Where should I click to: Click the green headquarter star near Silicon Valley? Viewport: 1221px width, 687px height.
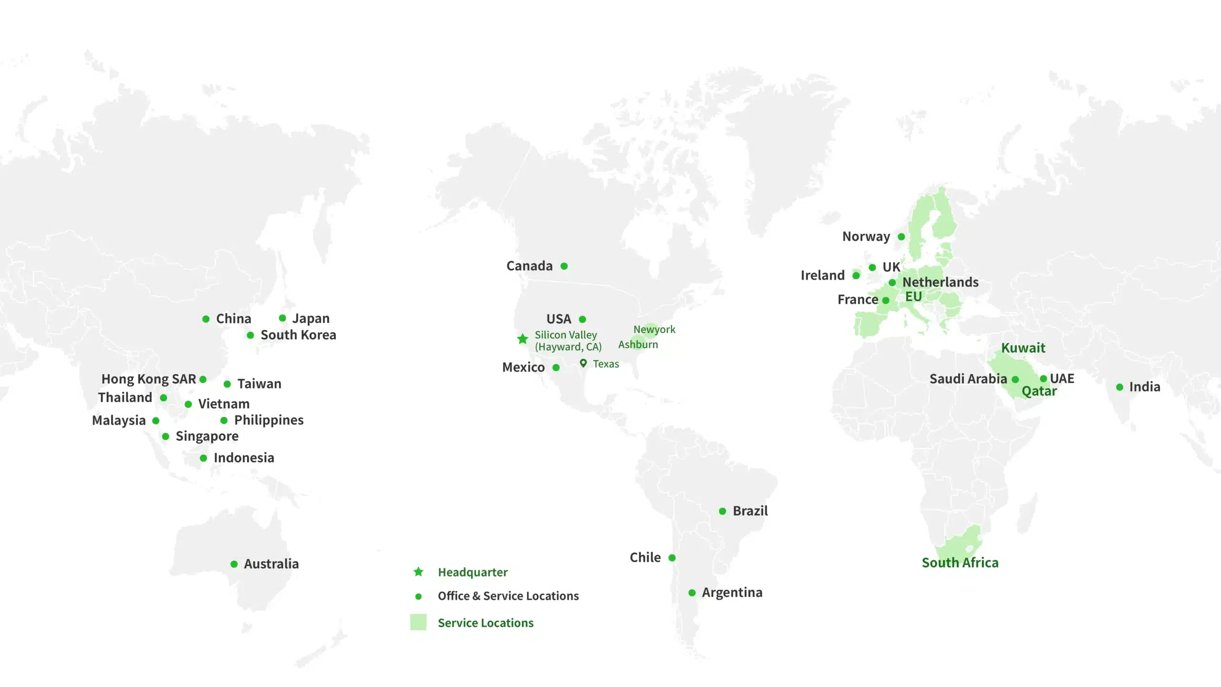pos(523,339)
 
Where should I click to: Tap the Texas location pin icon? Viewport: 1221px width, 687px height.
pos(583,363)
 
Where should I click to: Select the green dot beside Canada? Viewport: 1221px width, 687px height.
pos(564,266)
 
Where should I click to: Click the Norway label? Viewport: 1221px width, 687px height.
pos(866,237)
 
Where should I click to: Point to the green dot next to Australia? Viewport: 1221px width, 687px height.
pos(234,564)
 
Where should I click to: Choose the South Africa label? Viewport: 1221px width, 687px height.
pos(960,563)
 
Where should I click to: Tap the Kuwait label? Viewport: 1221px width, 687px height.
pos(1023,348)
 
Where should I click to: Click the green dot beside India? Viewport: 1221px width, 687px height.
pos(1120,387)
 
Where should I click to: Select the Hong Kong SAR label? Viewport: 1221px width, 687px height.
pos(148,379)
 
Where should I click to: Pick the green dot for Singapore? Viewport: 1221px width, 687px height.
pos(166,437)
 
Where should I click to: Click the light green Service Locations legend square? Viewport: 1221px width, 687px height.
pos(418,622)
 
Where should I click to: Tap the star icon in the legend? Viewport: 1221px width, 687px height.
pos(418,572)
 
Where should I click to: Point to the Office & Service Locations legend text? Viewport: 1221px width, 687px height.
pos(508,596)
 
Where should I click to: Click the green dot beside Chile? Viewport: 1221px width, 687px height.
pos(672,558)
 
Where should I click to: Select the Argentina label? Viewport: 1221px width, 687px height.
pos(732,593)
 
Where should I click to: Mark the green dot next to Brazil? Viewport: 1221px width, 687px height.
pos(723,511)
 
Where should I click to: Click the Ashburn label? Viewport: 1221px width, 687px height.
pos(638,344)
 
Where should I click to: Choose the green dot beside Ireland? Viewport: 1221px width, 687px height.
pos(856,275)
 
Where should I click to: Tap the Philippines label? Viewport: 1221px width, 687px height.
pos(269,420)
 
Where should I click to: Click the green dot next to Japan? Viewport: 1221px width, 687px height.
pos(282,318)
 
